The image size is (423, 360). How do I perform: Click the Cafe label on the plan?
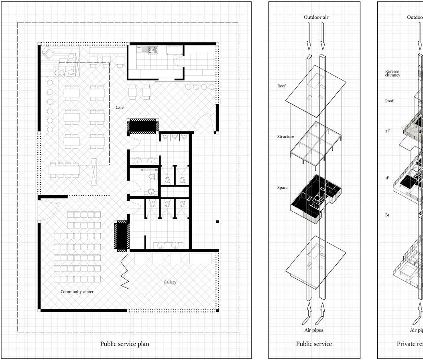pos(120,107)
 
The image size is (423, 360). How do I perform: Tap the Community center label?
pos(77,291)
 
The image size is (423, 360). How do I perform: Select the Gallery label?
pos(170,282)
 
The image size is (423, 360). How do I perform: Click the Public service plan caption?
pos(125,344)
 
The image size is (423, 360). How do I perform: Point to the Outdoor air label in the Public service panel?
pos(316,17)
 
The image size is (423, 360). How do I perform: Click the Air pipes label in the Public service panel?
pos(314,330)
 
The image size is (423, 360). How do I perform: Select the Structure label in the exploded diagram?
pos(285,137)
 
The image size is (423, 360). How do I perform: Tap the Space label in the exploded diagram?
pos(282,188)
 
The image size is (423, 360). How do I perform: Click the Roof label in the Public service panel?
pos(281,86)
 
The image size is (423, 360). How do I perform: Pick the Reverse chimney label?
pos(392,73)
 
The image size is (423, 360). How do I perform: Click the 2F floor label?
pos(387,131)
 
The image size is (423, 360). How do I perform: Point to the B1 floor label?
pos(387,215)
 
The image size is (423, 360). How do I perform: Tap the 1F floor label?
pos(387,178)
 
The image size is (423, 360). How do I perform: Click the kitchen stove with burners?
pos(153,50)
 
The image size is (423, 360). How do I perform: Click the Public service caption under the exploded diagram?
pos(314,344)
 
